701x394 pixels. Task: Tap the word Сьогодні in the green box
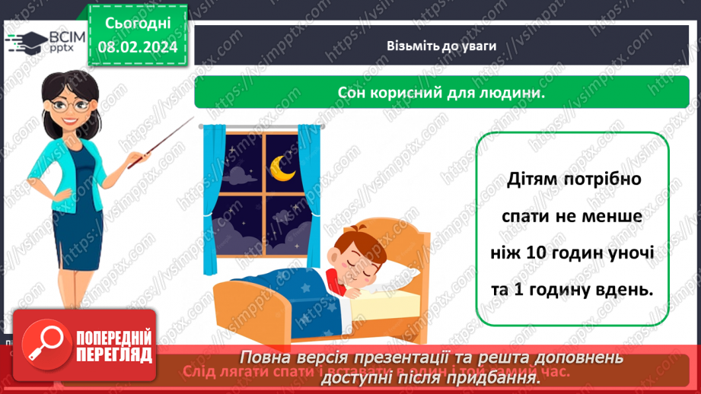[x=137, y=24]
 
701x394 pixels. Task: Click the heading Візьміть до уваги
[x=441, y=46]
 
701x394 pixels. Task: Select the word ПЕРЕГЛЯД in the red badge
[x=112, y=354]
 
